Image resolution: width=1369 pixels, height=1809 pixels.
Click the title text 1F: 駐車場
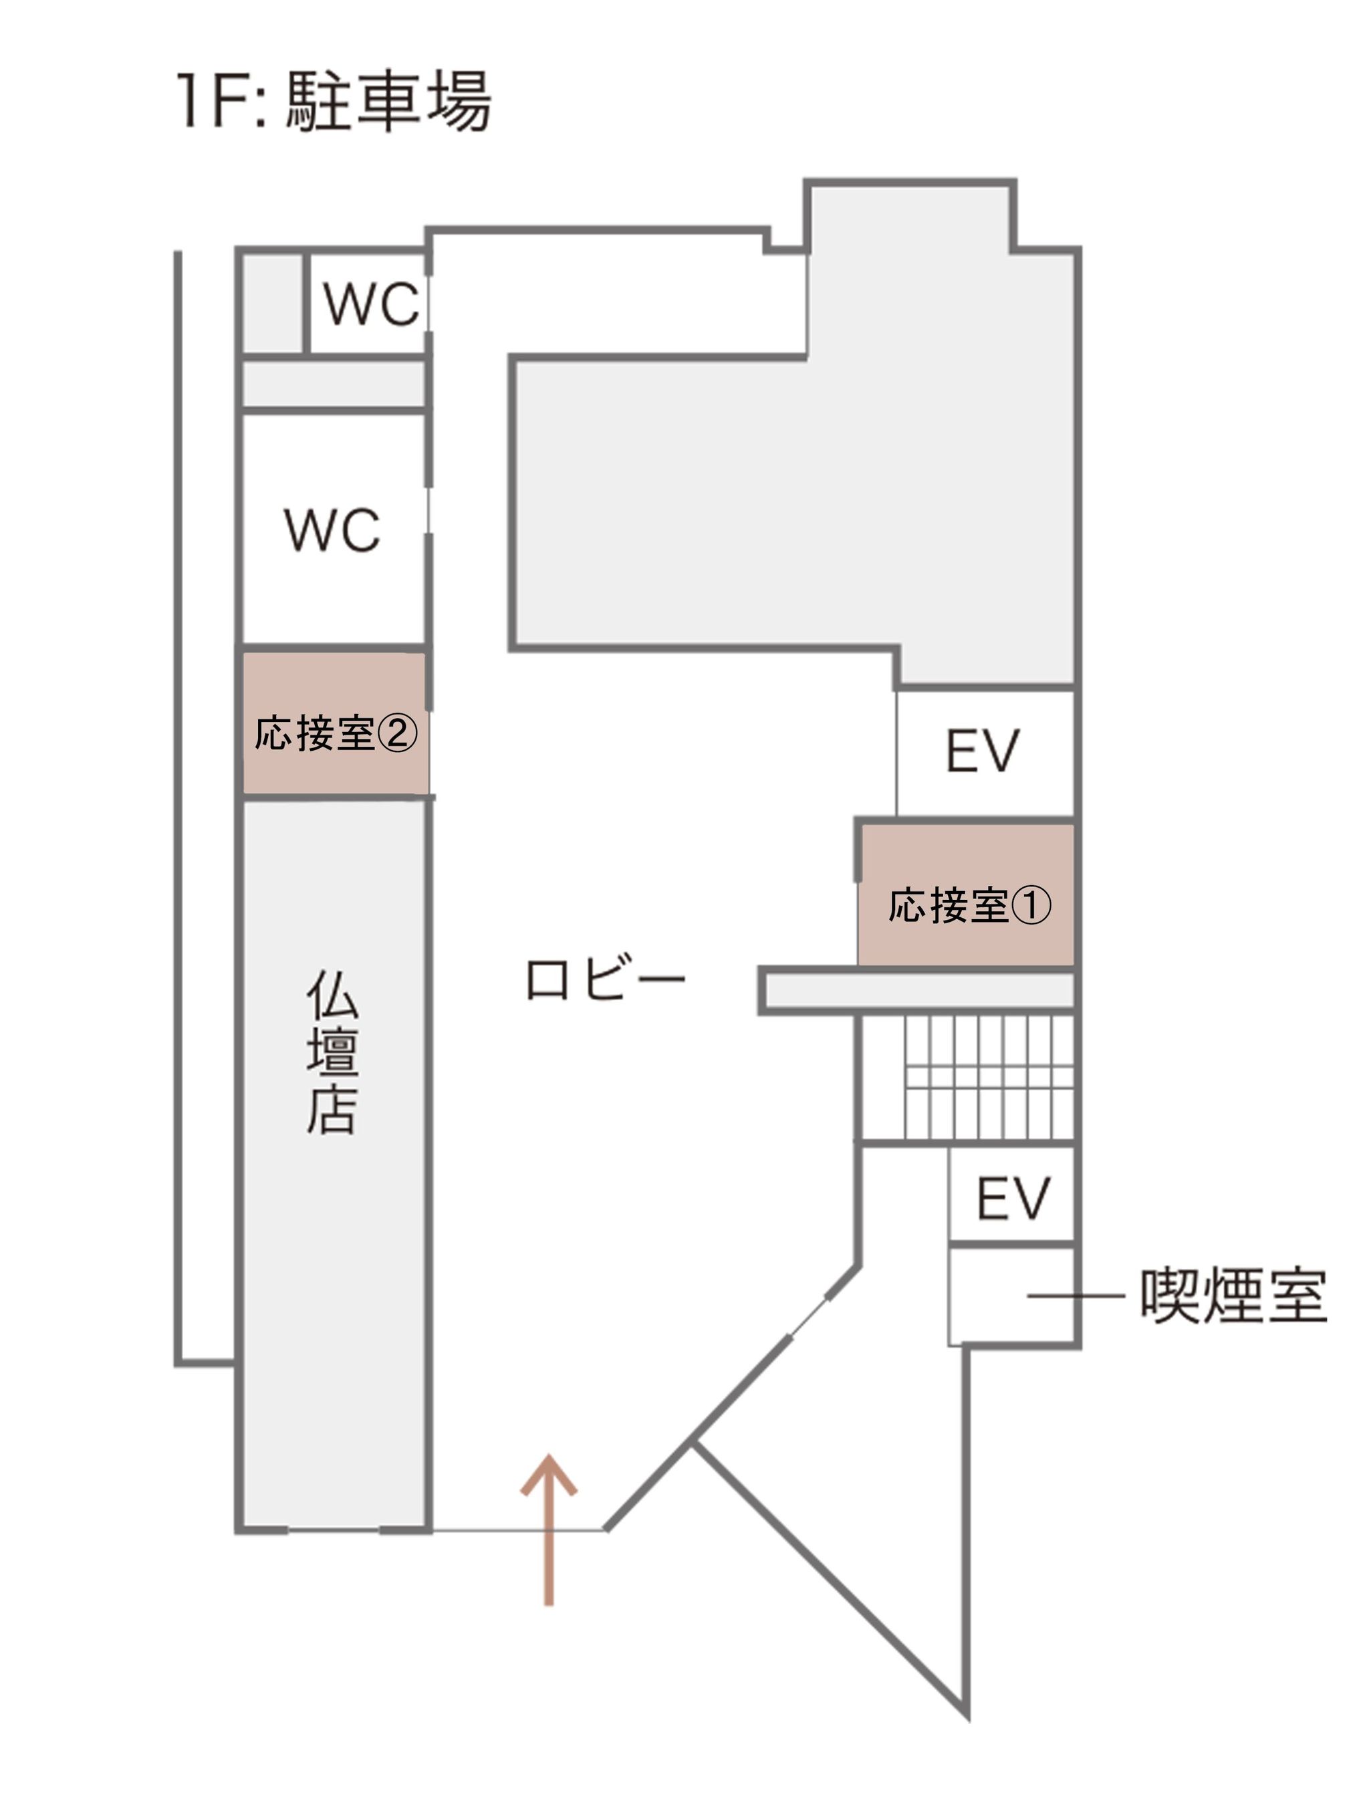coord(334,102)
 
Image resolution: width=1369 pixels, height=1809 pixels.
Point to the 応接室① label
coord(969,905)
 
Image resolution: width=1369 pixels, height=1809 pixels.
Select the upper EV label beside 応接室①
coord(983,751)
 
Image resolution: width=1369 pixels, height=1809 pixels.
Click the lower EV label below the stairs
coord(1013,1199)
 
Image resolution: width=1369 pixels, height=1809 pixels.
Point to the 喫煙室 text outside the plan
coord(1233,1296)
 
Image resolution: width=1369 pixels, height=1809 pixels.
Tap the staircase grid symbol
coord(988,1078)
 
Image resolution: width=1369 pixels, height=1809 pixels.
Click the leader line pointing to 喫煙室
coord(1076,1296)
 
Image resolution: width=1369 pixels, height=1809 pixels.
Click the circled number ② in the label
coord(396,733)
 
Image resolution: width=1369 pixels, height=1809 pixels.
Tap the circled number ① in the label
coord(1031,906)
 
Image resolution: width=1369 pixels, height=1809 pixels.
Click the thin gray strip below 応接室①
coord(918,990)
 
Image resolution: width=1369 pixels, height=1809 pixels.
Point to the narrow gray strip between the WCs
coord(334,384)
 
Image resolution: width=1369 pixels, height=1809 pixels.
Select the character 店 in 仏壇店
coord(332,1110)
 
